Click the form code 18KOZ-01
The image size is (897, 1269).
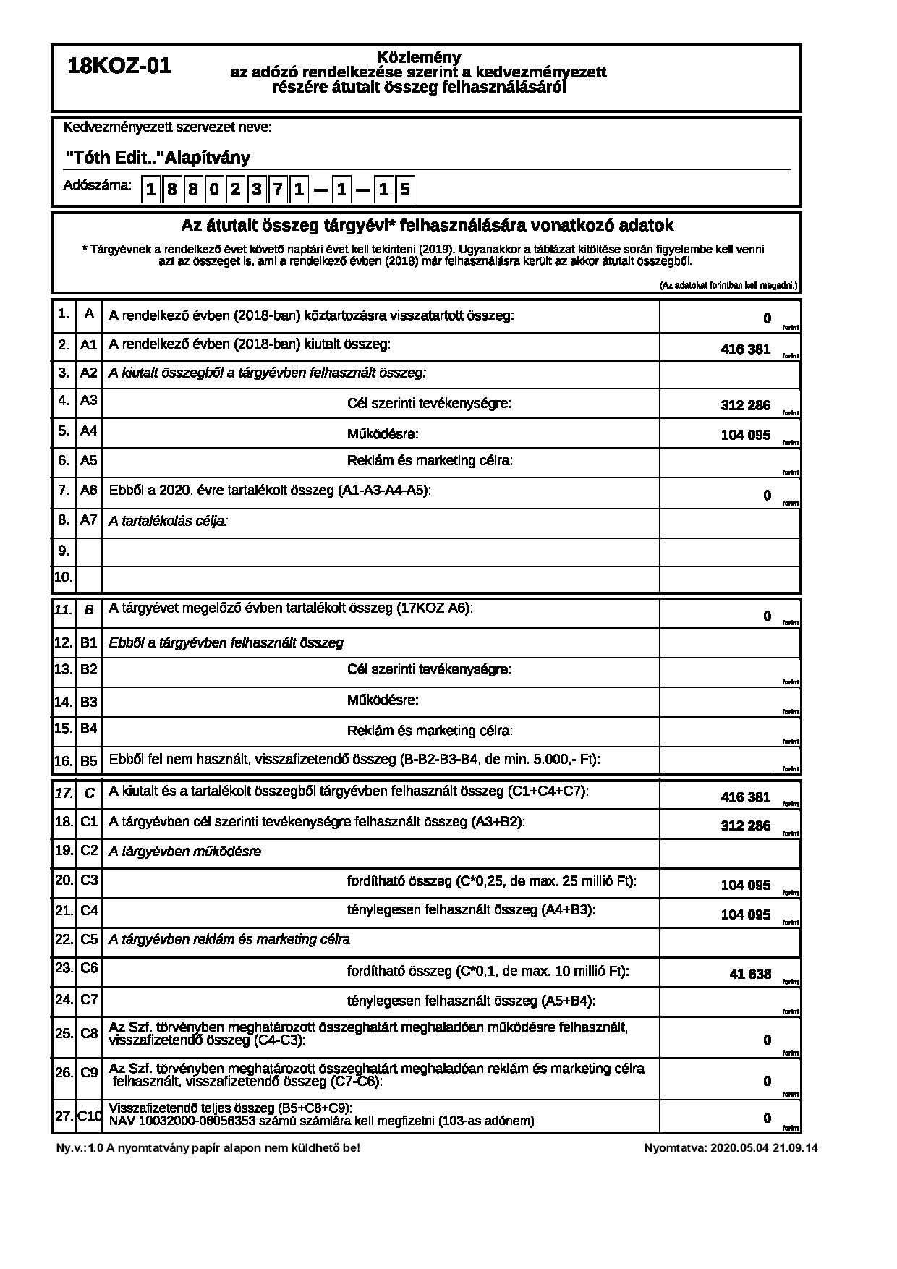(119, 67)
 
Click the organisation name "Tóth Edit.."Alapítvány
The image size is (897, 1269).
(158, 158)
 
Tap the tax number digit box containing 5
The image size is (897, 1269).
(405, 190)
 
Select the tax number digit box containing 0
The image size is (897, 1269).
(214, 190)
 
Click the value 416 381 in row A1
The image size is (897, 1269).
(745, 349)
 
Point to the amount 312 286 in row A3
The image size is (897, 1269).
(745, 406)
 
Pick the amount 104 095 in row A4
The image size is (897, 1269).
(745, 436)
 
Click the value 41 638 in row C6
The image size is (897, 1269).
(750, 975)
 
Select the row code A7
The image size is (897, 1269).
(88, 519)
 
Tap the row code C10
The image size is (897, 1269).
(89, 1116)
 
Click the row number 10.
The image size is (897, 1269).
(63, 577)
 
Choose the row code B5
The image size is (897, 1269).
(88, 761)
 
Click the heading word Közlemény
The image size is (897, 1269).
(419, 57)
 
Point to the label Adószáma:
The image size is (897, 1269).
(98, 185)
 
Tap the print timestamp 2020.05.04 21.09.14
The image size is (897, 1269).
(764, 1147)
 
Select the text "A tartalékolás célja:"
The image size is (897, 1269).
(168, 521)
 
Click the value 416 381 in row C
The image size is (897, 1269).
(745, 798)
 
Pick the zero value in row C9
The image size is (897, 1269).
(767, 1082)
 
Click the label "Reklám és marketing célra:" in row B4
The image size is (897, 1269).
(430, 731)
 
